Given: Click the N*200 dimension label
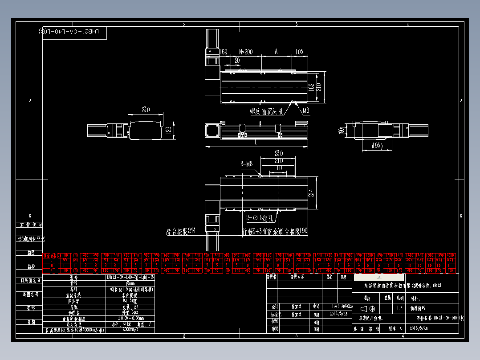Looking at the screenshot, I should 246,52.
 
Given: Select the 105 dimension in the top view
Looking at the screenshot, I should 298,52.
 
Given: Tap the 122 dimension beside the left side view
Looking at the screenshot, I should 168,130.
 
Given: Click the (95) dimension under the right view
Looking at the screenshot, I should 377,146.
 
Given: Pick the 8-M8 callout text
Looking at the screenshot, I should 246,164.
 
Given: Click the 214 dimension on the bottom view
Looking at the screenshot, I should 312,192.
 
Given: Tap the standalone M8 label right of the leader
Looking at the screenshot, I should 305,110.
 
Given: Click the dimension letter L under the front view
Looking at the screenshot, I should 256,143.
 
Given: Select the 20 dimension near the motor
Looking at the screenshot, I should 237,60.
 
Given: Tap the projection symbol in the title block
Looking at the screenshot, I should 368,308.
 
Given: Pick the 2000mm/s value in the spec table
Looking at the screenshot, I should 130,330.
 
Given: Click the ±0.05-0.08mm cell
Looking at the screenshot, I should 130,319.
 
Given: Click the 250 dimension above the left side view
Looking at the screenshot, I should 146,110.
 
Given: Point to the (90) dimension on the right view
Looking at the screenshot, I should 342,131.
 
